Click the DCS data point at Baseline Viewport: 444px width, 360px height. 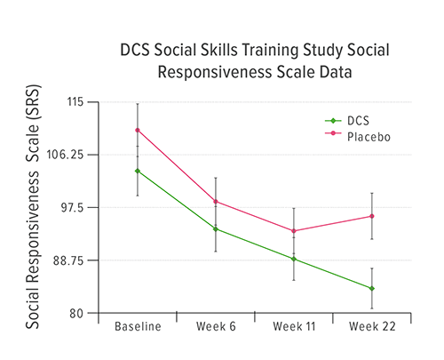pyautogui.click(x=138, y=171)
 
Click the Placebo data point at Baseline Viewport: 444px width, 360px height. pyautogui.click(x=138, y=130)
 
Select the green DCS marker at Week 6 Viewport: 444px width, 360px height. pyautogui.click(x=215, y=228)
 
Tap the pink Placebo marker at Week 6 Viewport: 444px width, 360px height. pyautogui.click(x=215, y=201)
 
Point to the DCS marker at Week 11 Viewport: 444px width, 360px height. pyautogui.click(x=294, y=259)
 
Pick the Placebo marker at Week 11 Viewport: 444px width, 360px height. pyautogui.click(x=294, y=231)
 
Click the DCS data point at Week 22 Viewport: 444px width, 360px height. pyautogui.click(x=371, y=288)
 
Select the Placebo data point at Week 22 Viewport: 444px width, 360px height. pyautogui.click(x=371, y=216)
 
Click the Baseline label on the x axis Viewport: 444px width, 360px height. pyautogui.click(x=138, y=327)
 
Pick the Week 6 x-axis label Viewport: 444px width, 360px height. pyautogui.click(x=216, y=327)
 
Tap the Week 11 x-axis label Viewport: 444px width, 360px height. pyautogui.click(x=294, y=327)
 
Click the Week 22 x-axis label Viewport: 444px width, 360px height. pyautogui.click(x=371, y=327)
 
